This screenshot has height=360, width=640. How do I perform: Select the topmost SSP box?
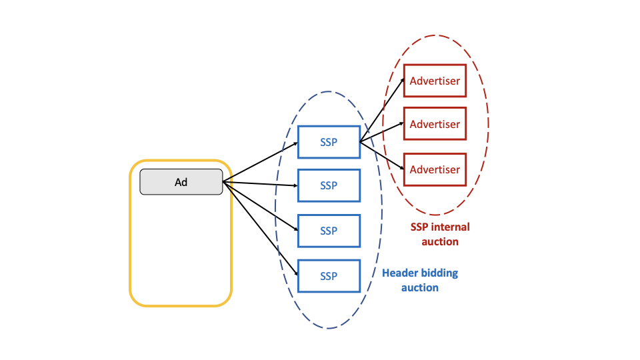click(329, 142)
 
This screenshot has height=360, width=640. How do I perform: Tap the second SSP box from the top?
click(329, 185)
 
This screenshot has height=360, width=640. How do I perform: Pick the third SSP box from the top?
click(329, 231)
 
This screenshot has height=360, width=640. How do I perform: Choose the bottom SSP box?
click(329, 276)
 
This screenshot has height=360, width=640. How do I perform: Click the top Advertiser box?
click(435, 81)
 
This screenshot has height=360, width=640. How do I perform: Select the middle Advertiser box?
click(435, 124)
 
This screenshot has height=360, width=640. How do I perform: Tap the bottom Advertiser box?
click(435, 169)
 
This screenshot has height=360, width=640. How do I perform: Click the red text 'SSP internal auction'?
click(440, 234)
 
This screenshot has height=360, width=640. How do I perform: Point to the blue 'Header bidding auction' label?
click(420, 280)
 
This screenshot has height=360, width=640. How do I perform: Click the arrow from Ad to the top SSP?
click(260, 161)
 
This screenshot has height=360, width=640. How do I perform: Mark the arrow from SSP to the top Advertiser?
click(381, 111)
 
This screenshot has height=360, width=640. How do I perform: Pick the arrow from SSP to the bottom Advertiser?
click(381, 155)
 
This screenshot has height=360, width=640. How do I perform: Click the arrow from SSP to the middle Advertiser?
click(381, 133)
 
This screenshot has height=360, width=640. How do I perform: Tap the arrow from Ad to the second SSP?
click(260, 183)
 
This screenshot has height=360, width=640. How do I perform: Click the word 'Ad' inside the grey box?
click(181, 181)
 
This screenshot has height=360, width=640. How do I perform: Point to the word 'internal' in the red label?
click(451, 227)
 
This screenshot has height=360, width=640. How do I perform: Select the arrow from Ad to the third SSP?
click(260, 205)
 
